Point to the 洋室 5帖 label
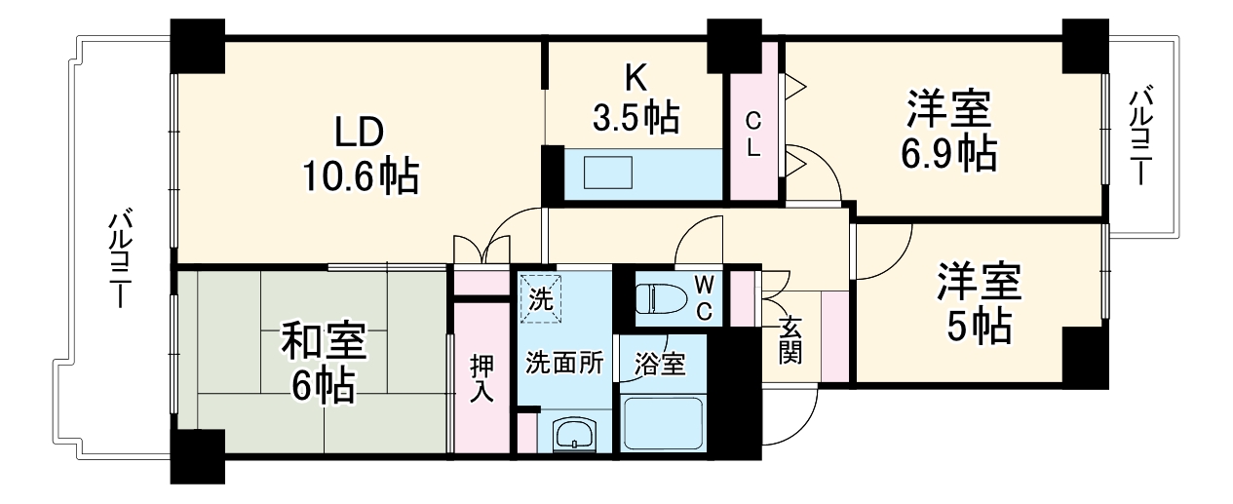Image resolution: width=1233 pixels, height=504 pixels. (979, 303)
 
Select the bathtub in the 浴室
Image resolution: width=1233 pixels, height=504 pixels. (663, 423)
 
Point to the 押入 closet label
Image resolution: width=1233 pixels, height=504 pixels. (482, 378)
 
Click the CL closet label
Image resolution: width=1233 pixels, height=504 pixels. (754, 135)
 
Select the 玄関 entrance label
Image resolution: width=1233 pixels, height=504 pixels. (789, 336)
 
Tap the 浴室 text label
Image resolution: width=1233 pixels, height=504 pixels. (660, 366)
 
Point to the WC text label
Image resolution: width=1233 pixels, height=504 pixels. (704, 296)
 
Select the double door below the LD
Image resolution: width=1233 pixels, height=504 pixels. (483, 250)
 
